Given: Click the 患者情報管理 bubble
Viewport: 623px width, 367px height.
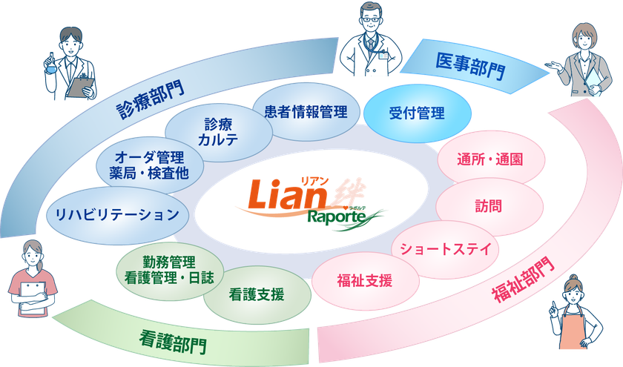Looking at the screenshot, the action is click(306, 112).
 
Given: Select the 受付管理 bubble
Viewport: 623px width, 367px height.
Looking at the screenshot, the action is click(417, 113).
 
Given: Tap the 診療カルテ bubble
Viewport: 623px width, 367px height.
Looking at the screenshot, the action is click(219, 132).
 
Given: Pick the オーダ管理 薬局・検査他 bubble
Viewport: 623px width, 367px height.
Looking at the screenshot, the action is click(150, 165).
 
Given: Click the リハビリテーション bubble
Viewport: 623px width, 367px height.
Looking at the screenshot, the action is click(118, 215).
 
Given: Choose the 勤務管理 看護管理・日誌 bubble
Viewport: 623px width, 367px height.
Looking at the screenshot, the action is click(170, 271).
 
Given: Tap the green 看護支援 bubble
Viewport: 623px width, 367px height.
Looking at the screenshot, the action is click(257, 295).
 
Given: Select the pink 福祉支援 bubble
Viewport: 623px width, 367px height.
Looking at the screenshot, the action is click(365, 281).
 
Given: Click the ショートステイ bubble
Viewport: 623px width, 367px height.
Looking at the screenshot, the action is click(446, 249).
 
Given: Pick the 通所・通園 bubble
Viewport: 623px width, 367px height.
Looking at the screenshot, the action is click(491, 159).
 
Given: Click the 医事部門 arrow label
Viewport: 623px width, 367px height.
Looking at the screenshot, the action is click(471, 66).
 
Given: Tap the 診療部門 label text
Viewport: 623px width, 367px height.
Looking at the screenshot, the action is click(151, 99).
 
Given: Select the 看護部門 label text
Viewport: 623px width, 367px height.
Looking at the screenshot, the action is click(174, 341).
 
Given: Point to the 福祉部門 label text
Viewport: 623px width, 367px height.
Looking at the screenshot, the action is click(524, 280).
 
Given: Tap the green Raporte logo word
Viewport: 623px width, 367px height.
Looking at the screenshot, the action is click(337, 217).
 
